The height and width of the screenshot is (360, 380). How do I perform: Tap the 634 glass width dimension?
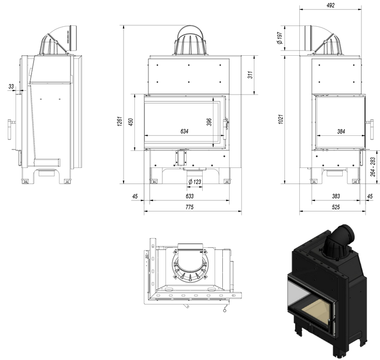tap(184, 131)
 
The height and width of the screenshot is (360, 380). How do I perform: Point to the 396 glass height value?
tap(209, 122)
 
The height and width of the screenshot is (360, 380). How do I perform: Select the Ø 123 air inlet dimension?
tap(194, 182)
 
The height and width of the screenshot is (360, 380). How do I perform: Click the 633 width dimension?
tap(189, 197)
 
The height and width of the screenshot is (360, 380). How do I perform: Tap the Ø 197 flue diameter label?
tap(279, 38)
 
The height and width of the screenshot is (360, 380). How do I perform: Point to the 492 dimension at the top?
tap(331, 5)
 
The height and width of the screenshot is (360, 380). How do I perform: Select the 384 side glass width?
tap(341, 131)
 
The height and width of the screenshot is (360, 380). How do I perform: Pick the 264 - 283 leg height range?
tap(373, 166)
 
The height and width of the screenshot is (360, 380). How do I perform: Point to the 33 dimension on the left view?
tap(11, 87)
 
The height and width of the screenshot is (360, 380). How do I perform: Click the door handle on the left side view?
tap(11, 129)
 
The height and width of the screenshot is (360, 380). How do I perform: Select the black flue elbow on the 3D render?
tap(341, 240)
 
